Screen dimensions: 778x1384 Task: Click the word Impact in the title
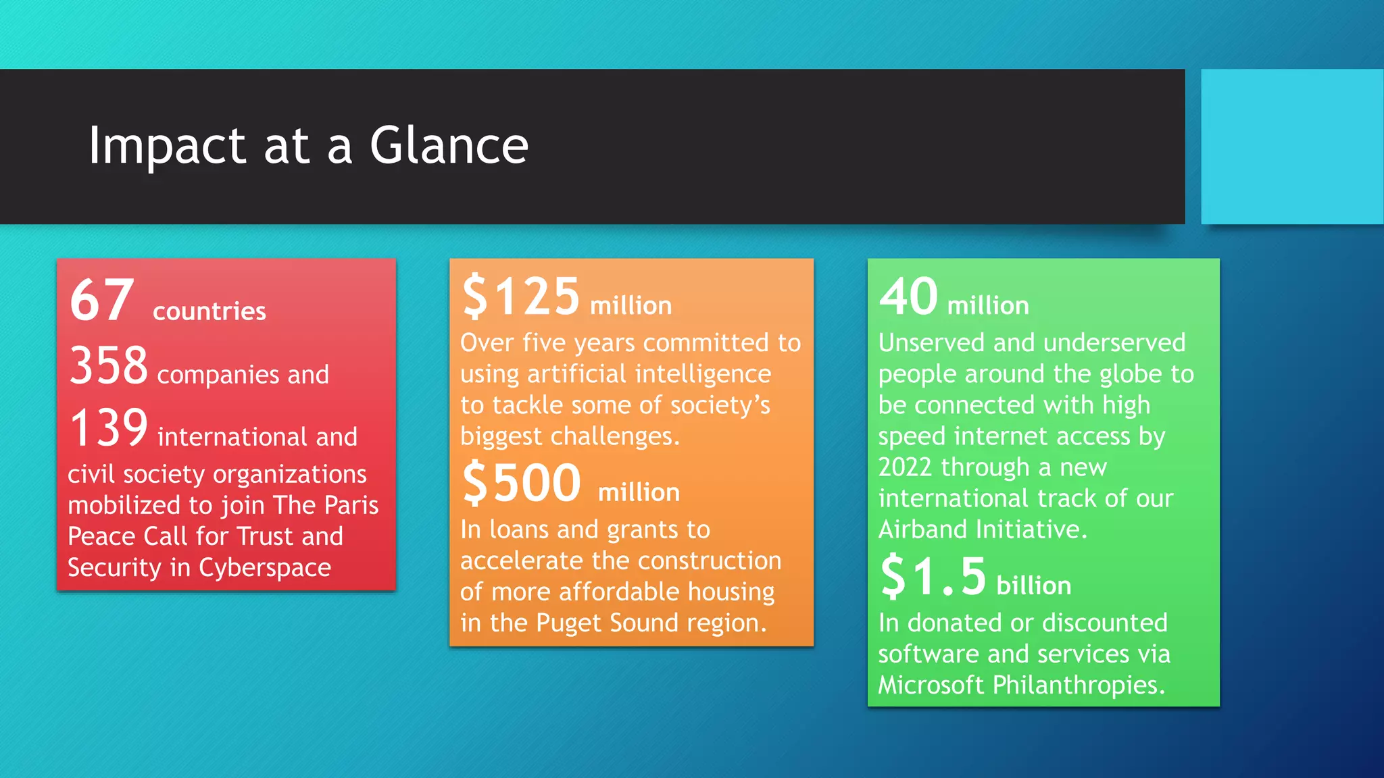(167, 147)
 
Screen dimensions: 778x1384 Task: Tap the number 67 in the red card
(102, 301)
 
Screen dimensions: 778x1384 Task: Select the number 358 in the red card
(108, 365)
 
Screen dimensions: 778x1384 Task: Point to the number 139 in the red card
(108, 428)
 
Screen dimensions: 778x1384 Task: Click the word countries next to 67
(209, 311)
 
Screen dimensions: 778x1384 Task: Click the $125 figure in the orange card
(521, 296)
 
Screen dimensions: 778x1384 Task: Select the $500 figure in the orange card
(522, 483)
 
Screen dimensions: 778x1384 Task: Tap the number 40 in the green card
(909, 296)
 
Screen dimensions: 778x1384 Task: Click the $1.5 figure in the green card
(933, 577)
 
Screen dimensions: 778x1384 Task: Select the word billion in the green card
(1034, 586)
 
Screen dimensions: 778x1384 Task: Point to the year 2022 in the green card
(906, 467)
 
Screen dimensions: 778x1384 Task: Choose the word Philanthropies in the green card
(1079, 685)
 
